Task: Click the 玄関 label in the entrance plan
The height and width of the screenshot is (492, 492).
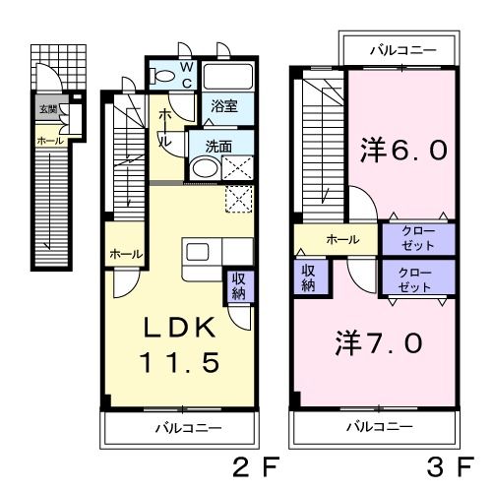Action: pos(47,108)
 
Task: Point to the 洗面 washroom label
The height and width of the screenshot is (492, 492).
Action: pos(218,146)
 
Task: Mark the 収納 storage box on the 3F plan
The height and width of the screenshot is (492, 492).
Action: pos(307,277)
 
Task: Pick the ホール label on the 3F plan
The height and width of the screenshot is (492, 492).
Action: pos(341,238)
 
